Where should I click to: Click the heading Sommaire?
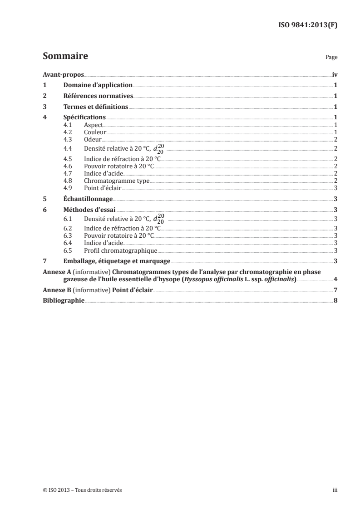(x=65, y=56)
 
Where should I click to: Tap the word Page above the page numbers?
(x=331, y=58)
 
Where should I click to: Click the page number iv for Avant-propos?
(x=335, y=74)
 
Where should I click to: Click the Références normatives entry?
(x=98, y=96)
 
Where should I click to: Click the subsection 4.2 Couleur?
(x=95, y=132)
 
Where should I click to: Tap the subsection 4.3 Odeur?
(x=93, y=139)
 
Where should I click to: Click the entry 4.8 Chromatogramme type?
(x=117, y=181)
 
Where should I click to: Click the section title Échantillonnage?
(x=88, y=199)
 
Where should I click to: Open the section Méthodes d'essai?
(x=89, y=210)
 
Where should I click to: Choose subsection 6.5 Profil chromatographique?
(x=120, y=250)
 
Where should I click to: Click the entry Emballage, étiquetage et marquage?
(x=117, y=261)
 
